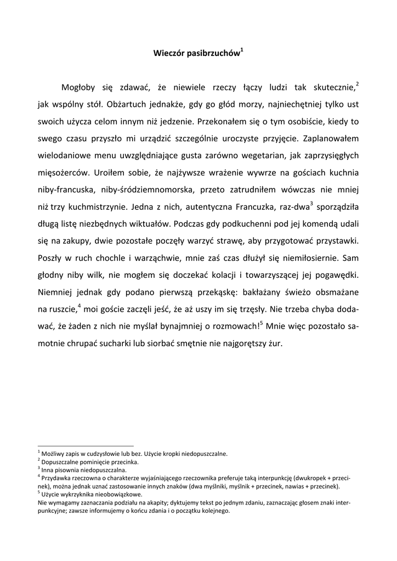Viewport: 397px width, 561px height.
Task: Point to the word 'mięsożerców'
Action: pos(63,173)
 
